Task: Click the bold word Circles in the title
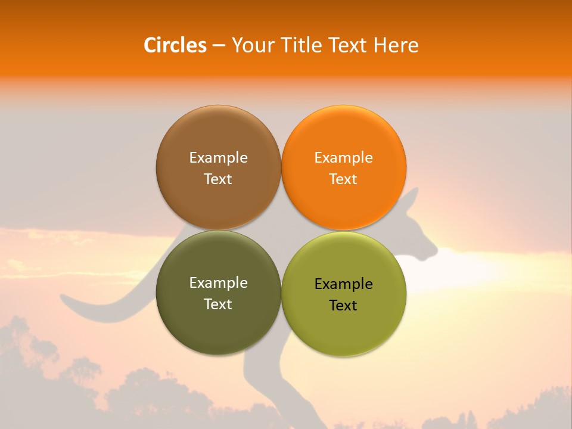[x=175, y=45]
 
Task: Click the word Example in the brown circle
[x=218, y=157]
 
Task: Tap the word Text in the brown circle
[x=218, y=179]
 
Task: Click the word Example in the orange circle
[x=343, y=157]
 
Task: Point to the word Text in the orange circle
[x=343, y=179]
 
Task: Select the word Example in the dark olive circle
[x=218, y=282]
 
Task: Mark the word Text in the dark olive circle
[x=218, y=304]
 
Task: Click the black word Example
[x=343, y=284]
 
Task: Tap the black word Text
[x=343, y=305]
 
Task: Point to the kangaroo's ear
[x=411, y=200]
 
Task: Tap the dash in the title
[x=219, y=46]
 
